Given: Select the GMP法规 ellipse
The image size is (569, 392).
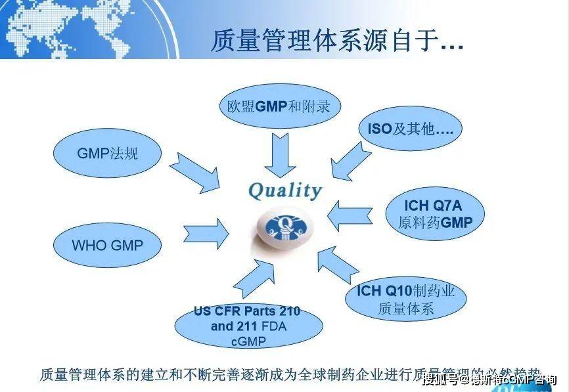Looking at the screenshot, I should point(108,154).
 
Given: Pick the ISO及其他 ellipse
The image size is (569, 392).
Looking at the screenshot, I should point(411,129).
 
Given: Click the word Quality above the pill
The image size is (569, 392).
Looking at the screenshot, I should point(284,190).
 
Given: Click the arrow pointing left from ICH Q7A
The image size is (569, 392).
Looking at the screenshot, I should point(350,215).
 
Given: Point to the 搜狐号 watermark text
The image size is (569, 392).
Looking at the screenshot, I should point(444,380).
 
